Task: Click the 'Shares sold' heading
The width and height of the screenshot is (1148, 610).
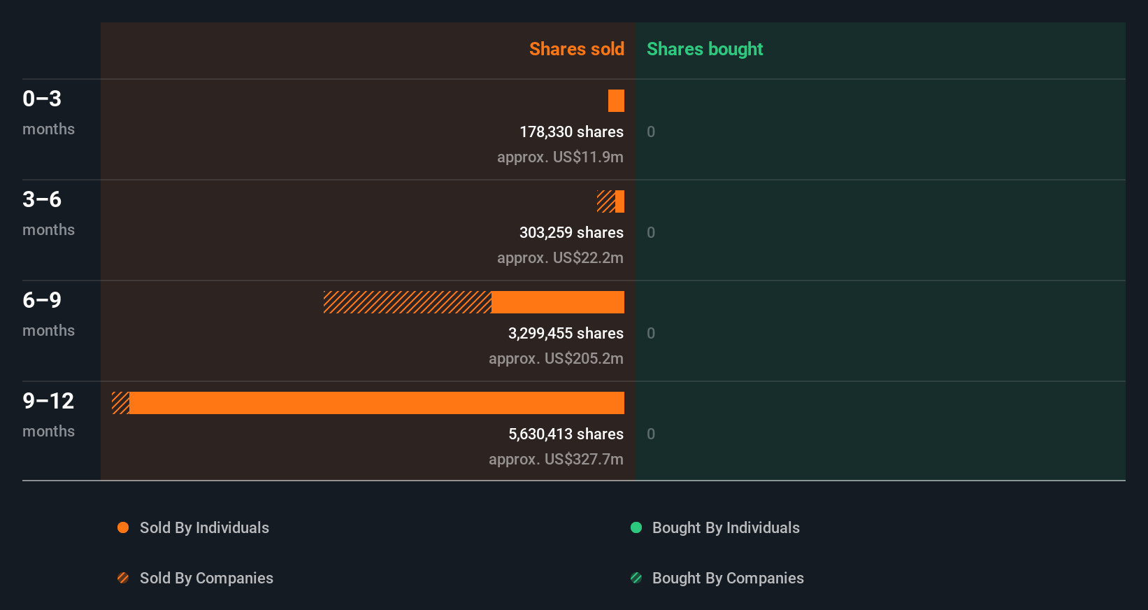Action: click(x=576, y=49)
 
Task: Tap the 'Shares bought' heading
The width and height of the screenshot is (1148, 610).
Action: click(x=704, y=49)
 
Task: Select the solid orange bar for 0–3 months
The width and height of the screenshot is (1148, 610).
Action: click(x=616, y=101)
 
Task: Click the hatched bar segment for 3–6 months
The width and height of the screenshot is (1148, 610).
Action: click(x=605, y=201)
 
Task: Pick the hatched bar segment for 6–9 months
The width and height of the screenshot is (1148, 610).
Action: click(x=407, y=302)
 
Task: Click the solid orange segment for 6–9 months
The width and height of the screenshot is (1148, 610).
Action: click(x=557, y=302)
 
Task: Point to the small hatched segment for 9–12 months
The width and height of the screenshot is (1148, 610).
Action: click(x=120, y=403)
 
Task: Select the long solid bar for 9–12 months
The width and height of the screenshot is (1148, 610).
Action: click(x=376, y=403)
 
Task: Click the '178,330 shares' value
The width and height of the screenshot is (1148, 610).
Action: click(x=571, y=132)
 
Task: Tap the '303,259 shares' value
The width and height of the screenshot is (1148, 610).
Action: click(x=571, y=232)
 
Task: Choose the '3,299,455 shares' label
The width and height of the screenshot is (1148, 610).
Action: click(x=566, y=333)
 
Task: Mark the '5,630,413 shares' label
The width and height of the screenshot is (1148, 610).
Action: click(x=566, y=434)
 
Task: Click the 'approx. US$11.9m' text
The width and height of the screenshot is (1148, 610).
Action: click(x=560, y=157)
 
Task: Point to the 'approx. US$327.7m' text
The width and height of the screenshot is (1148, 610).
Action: click(x=556, y=459)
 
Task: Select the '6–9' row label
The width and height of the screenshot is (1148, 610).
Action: click(x=42, y=300)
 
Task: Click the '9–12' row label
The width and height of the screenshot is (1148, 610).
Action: click(x=48, y=401)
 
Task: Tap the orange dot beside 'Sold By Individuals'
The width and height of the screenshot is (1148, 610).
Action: click(x=123, y=527)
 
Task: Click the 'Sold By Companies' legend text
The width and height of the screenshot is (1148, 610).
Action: click(x=206, y=578)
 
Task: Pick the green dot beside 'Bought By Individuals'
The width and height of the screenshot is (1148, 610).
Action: click(x=636, y=527)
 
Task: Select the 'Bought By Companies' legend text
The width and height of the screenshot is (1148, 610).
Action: click(x=728, y=578)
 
